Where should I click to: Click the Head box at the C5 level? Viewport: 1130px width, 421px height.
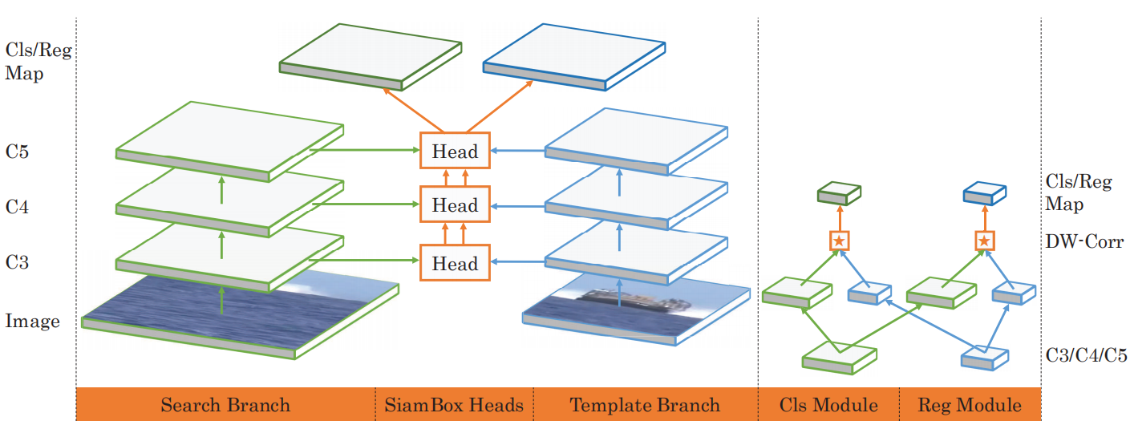coord(455,150)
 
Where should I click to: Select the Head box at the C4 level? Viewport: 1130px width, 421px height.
coord(455,204)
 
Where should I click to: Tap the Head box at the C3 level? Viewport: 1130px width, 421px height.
coord(455,263)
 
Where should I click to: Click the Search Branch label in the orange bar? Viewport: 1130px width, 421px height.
coord(225,405)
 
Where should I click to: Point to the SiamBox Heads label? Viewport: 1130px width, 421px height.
coord(454,405)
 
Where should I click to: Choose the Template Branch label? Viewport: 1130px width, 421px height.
coord(645,405)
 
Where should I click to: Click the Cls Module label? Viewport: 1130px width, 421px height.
coord(828,405)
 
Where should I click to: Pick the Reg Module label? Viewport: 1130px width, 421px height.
coord(970,405)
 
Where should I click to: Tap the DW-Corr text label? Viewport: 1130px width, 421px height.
coord(1084,241)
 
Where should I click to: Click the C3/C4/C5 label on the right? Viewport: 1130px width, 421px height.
coord(1086,355)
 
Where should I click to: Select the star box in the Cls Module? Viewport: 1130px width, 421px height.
coord(840,241)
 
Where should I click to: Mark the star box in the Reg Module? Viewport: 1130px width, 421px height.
coord(984,241)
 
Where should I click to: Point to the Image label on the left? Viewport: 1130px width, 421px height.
coord(32,321)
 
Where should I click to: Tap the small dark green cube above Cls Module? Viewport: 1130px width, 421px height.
coord(839,193)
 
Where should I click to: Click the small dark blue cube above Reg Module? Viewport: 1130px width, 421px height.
coord(985,193)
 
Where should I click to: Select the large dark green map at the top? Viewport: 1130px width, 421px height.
coord(371,56)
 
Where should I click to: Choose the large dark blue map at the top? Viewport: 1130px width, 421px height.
coord(574,56)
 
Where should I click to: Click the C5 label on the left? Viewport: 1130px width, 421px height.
coord(17,152)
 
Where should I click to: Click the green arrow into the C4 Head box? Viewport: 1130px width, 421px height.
coord(366,204)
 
